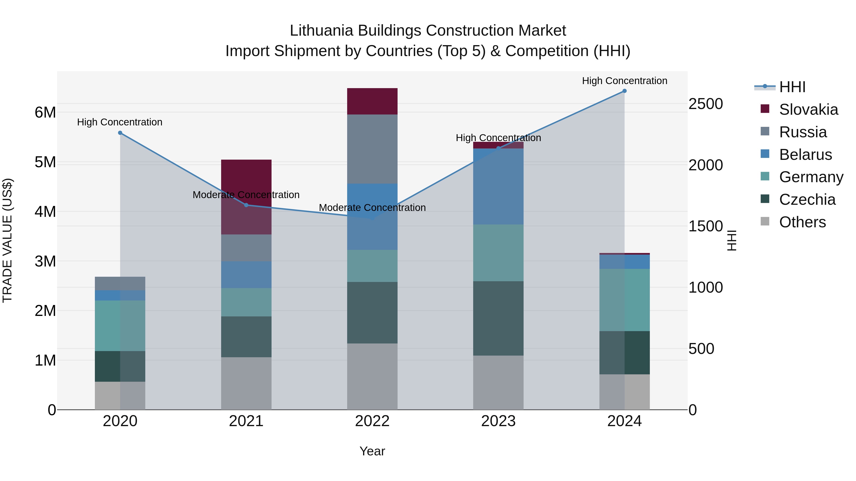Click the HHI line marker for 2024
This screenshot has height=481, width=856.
(624, 91)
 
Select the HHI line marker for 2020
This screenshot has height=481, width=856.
(120, 133)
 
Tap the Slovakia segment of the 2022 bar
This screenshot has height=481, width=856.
(372, 101)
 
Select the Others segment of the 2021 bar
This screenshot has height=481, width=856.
(246, 383)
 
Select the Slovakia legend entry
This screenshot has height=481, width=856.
(808, 110)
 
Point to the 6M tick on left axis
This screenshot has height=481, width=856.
(45, 113)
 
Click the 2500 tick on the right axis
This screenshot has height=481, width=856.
(705, 104)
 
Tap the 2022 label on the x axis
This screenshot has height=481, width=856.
(372, 421)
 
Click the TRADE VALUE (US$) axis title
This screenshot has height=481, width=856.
(7, 240)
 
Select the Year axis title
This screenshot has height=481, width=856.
(372, 451)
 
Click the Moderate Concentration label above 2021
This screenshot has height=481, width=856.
(246, 195)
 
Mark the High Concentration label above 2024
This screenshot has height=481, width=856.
(624, 81)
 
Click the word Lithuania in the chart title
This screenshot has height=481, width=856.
(321, 31)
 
